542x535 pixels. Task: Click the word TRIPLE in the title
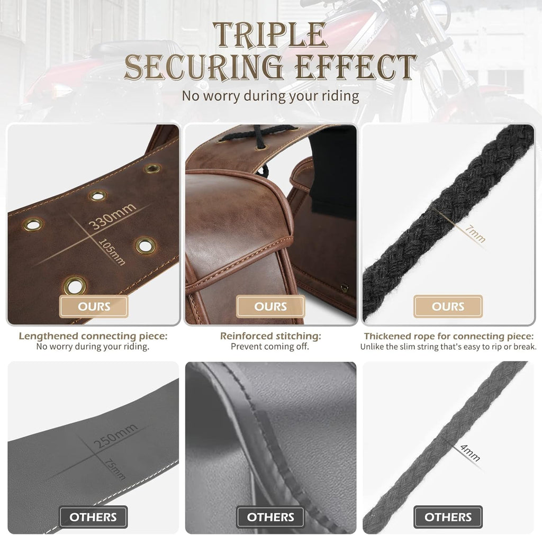270,34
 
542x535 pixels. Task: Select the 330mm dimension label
112,216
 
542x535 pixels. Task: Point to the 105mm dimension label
112,252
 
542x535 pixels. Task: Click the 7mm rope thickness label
475,233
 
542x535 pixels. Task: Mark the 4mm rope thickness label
470,453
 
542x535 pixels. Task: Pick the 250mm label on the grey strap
115,436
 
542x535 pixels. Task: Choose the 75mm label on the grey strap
115,469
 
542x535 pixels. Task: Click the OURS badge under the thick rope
448,306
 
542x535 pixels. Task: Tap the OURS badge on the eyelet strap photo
94,306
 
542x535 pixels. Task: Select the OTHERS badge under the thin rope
448,516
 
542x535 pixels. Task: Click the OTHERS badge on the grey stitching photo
270,516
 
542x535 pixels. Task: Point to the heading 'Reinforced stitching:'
270,336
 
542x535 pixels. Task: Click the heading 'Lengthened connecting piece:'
93,336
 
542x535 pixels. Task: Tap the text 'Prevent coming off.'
270,346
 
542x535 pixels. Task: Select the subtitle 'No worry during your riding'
270,96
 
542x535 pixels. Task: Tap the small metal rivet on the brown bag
344,288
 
